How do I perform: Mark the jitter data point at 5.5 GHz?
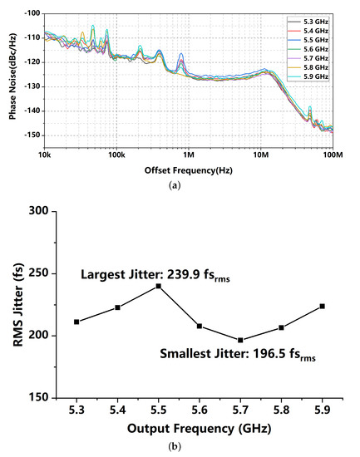(x=158, y=286)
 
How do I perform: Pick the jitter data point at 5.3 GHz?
(x=76, y=322)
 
